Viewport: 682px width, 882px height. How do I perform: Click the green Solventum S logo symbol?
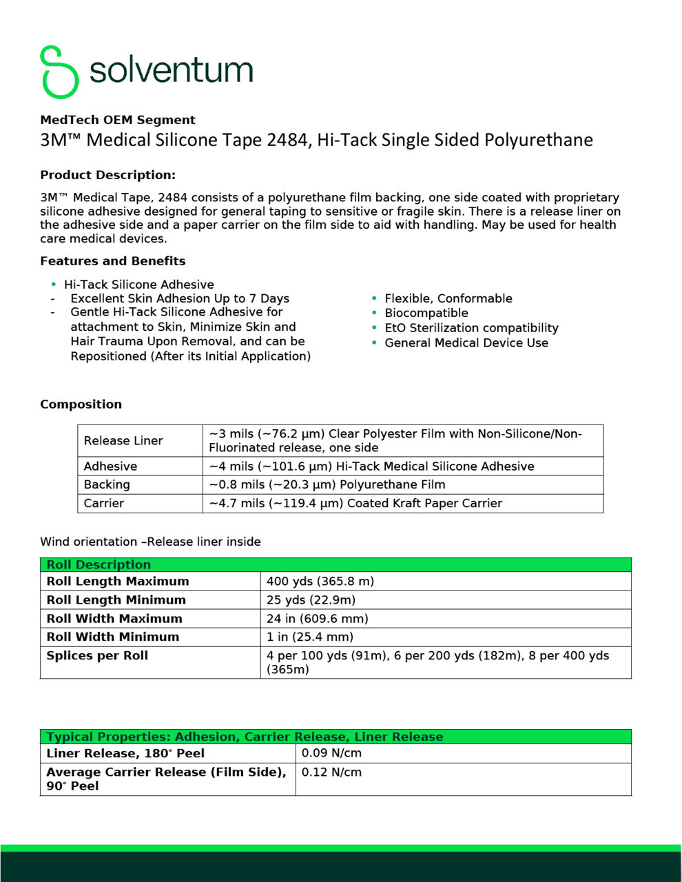(x=59, y=72)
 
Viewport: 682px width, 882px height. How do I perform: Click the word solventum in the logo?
(x=171, y=70)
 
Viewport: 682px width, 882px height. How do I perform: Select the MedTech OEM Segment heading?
(x=118, y=120)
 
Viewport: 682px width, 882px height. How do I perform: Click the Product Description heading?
(x=107, y=175)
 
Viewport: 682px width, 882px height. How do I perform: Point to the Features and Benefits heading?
(x=113, y=261)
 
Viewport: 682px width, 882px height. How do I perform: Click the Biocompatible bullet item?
(x=426, y=313)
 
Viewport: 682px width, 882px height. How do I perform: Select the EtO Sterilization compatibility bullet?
(x=471, y=328)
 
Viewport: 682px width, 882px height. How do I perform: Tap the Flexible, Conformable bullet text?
(x=448, y=298)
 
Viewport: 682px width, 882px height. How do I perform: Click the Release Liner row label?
(x=123, y=441)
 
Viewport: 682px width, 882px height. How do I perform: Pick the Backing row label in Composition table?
(x=107, y=485)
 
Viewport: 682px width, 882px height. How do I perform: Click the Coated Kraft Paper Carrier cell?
(x=355, y=504)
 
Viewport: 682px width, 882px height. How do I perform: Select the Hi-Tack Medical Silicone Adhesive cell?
(x=371, y=466)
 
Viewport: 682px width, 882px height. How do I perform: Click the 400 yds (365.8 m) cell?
(x=320, y=582)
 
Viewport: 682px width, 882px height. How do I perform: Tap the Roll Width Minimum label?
(x=113, y=637)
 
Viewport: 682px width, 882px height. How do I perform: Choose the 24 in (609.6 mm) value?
(x=318, y=619)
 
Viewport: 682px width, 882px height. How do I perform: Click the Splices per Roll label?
(x=97, y=656)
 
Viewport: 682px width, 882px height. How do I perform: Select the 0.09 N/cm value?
(x=331, y=754)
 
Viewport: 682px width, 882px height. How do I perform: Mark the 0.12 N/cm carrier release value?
(x=331, y=772)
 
